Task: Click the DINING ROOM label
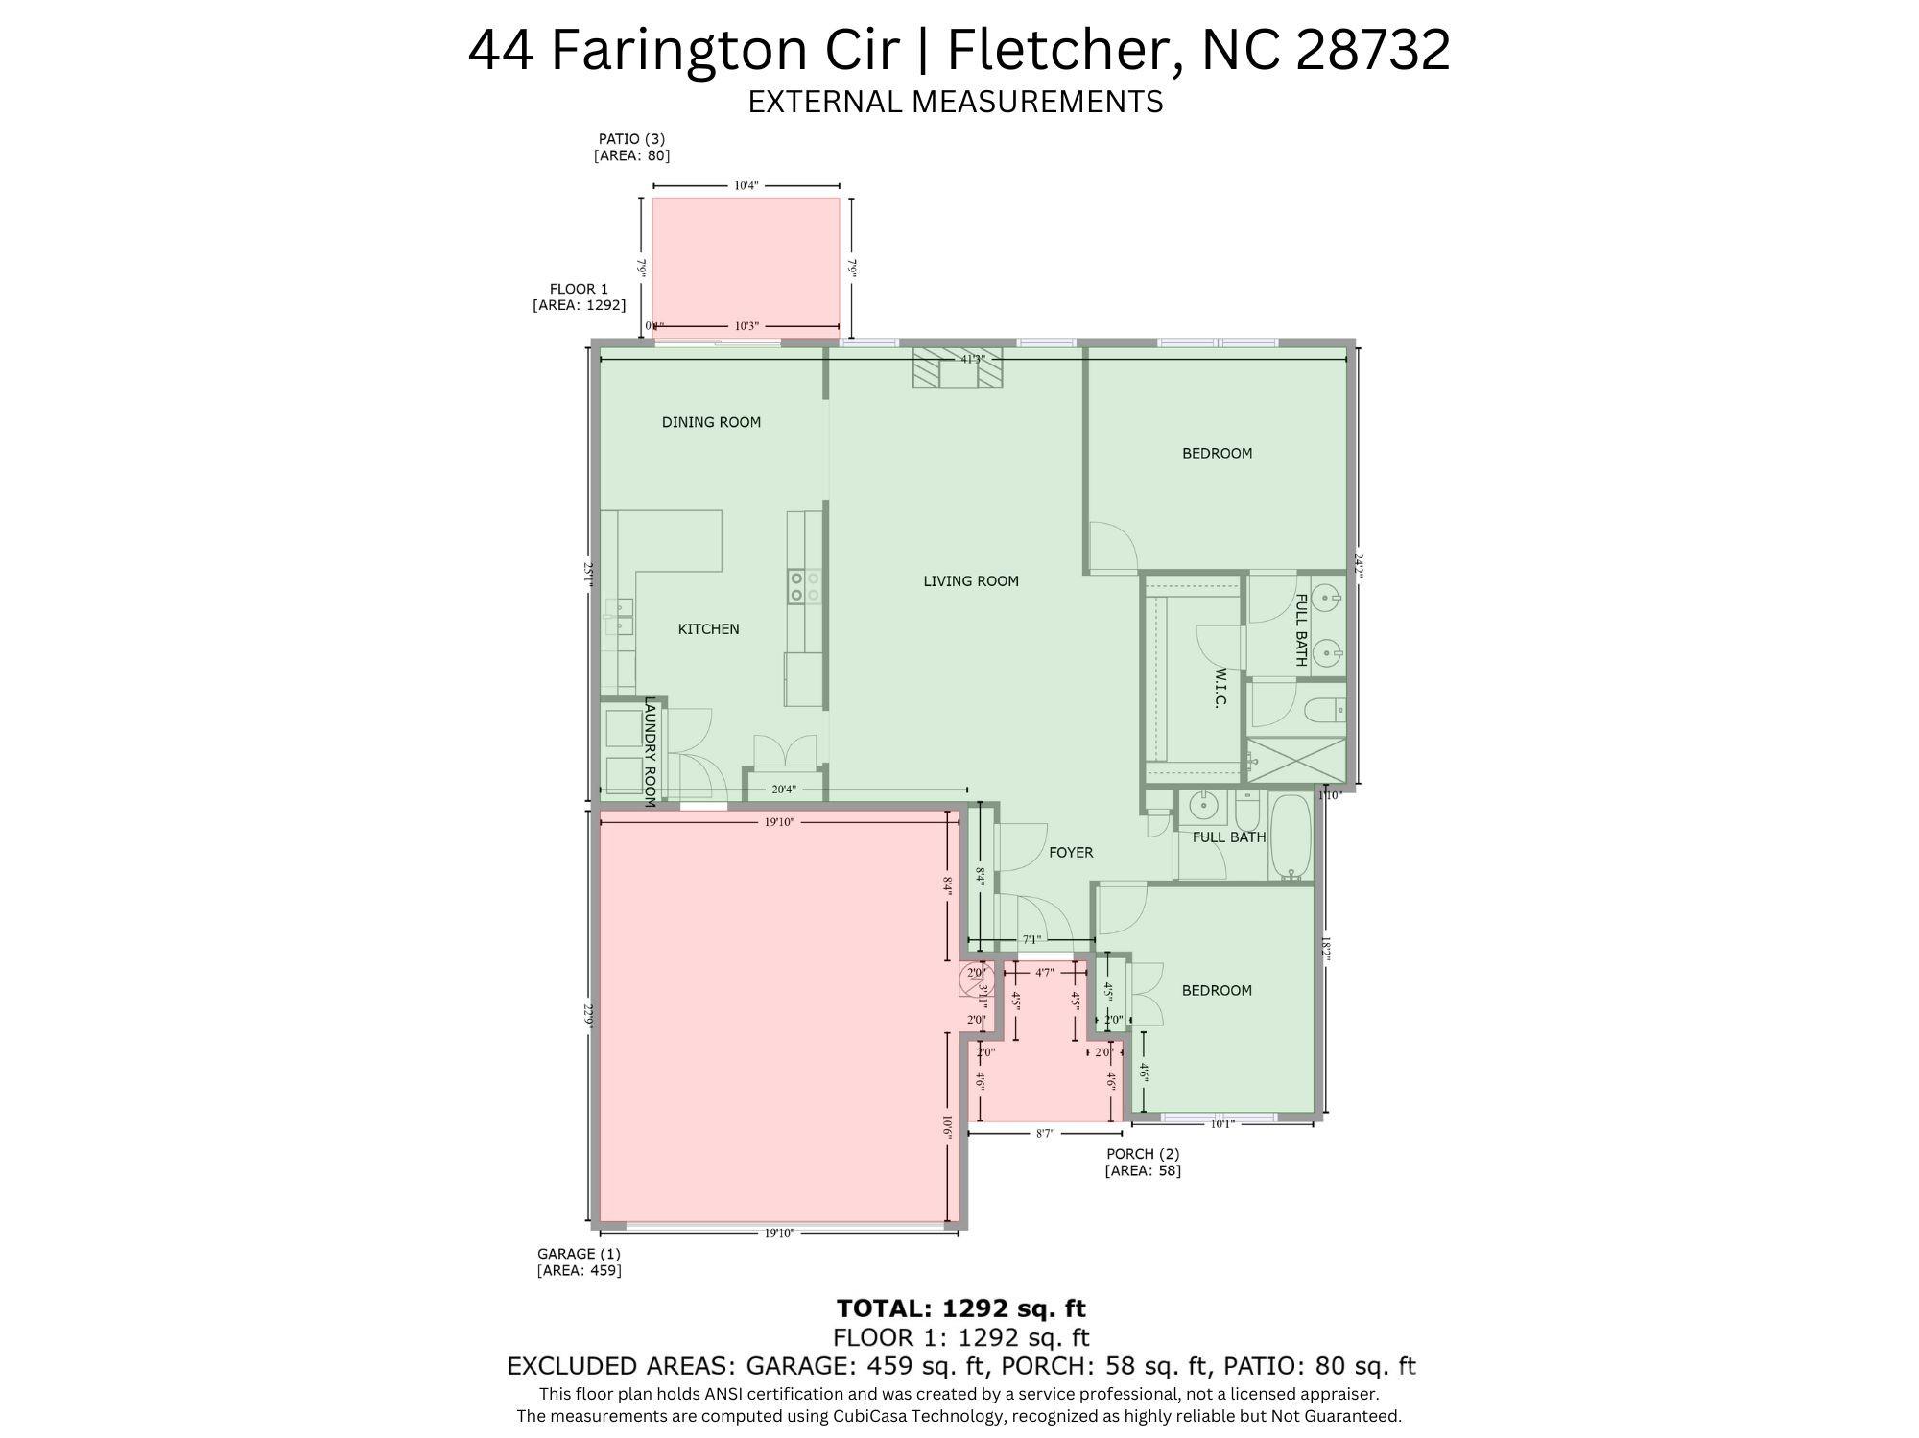click(711, 422)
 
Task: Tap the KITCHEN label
click(708, 629)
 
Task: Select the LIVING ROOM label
click(970, 581)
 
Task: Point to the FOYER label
click(1070, 853)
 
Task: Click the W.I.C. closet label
click(1220, 688)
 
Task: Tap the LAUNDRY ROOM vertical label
click(650, 751)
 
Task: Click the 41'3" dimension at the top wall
click(973, 359)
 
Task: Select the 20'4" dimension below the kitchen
click(784, 790)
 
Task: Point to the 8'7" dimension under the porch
click(1045, 1134)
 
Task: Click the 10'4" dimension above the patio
click(746, 186)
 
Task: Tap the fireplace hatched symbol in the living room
click(957, 368)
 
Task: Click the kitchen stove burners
click(804, 586)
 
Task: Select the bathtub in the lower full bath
click(1291, 836)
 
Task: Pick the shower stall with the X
click(1296, 761)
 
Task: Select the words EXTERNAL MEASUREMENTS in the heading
click(955, 102)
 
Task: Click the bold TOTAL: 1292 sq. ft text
click(960, 1308)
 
